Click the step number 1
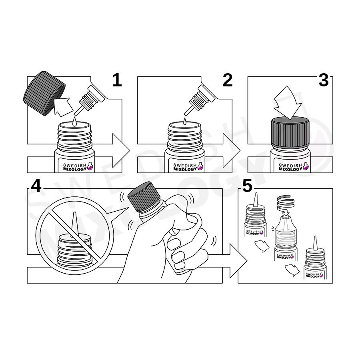[117, 80]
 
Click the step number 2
[228, 80]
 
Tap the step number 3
[324, 80]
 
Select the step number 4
[36, 186]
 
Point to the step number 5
[247, 186]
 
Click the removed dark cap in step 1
[44, 93]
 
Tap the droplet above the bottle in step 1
[74, 122]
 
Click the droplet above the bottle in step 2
[184, 121]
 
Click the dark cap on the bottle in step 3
[290, 132]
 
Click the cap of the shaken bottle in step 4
[144, 196]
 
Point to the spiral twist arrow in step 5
[286, 205]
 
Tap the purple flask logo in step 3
[306, 166]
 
